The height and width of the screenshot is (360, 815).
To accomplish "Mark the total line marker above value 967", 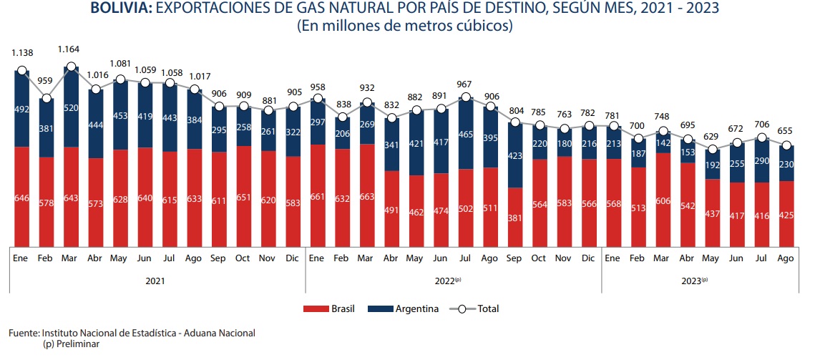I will [465, 97].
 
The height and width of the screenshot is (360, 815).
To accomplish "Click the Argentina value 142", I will [663, 142].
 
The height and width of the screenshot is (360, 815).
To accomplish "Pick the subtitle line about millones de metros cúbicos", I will [405, 27].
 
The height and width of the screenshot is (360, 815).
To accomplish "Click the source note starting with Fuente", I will [132, 333].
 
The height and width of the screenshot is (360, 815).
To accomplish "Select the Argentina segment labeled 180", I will [564, 142].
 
